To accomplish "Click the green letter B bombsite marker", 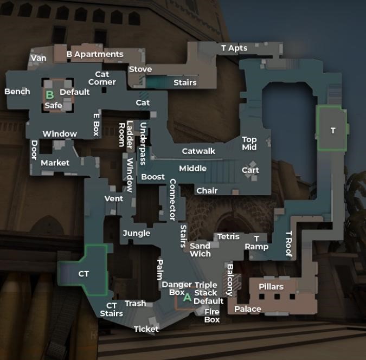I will coord(50,95).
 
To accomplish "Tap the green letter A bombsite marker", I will coord(187,297).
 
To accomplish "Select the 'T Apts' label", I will coord(234,48).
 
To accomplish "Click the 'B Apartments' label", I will coord(95,54).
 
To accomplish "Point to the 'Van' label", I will coord(38,59).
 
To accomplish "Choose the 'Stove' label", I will coord(140,69).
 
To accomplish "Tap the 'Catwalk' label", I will coord(198,151).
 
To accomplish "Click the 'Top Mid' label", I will coord(249,144).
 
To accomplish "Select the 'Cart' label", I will coord(250,170).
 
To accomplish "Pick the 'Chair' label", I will coord(207,191).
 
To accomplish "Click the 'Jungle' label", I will coord(136,233).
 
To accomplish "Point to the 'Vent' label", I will coord(113,199).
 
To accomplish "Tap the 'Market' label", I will coord(55,163).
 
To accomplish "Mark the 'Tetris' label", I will coord(228,237).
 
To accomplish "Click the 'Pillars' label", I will coord(271,287).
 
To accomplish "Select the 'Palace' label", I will coord(248,309).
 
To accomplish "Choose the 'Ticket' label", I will coord(146,329).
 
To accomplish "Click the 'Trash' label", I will coord(135,304).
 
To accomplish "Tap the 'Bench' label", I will coord(17,92).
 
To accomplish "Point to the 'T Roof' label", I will coord(289,244).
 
